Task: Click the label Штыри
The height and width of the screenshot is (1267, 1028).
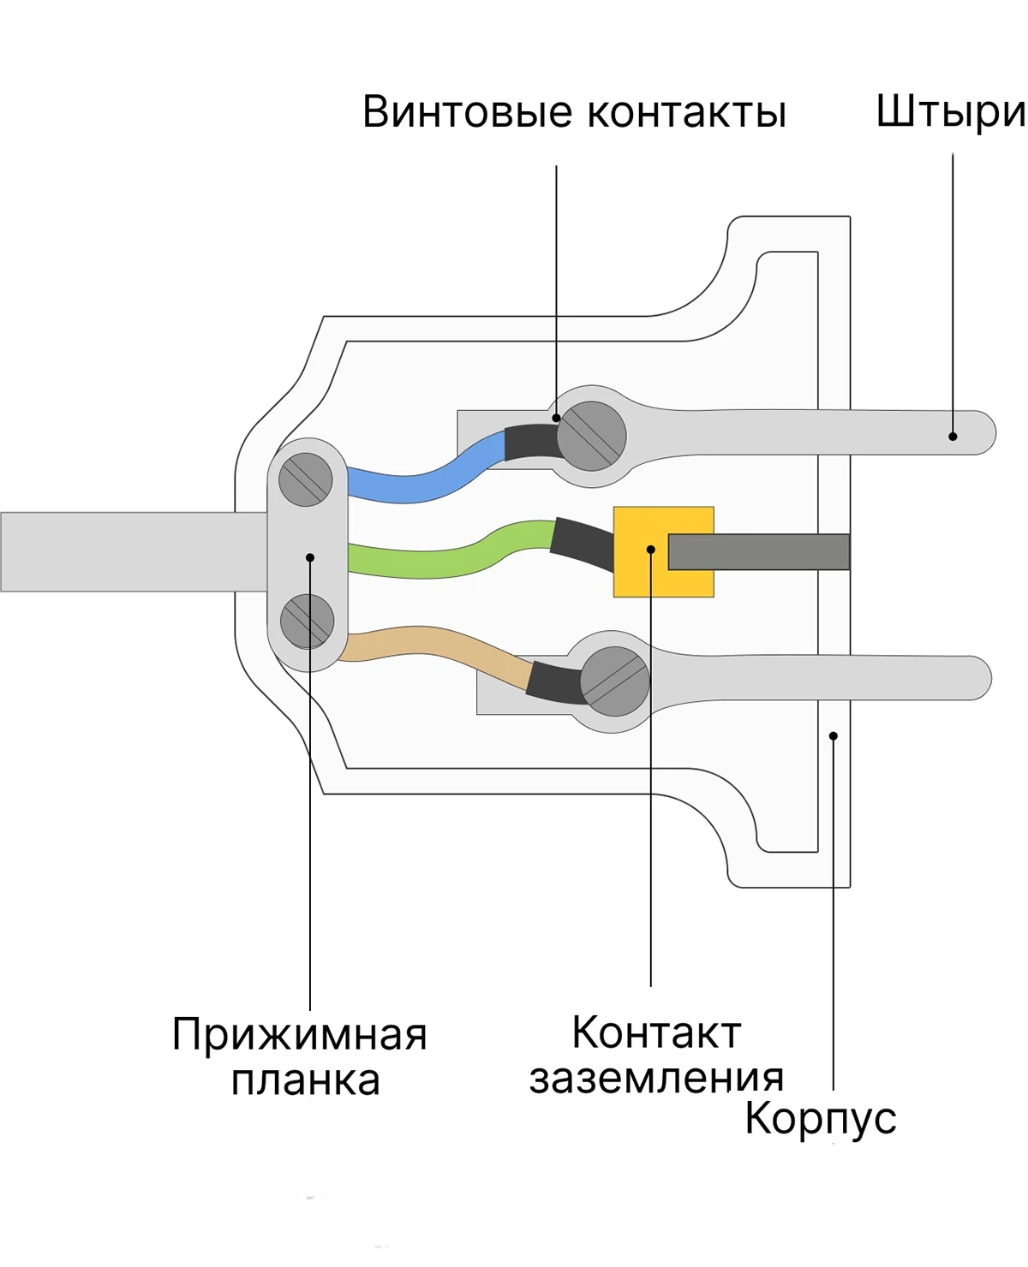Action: (951, 113)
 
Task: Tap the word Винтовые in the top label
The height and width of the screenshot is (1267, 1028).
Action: (467, 111)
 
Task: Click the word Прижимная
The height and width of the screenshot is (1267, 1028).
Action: (300, 1035)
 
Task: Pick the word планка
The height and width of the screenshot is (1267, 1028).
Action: (305, 1081)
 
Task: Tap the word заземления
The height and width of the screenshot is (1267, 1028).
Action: (656, 1079)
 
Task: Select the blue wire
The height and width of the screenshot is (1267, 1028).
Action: (427, 472)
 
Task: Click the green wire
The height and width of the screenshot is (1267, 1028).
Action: (450, 550)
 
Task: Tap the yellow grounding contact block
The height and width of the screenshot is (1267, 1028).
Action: (663, 551)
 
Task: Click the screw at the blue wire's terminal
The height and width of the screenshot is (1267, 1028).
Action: (591, 436)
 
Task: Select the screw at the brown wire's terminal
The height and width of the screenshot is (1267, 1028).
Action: (614, 681)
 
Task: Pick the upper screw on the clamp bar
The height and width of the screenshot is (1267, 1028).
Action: (305, 479)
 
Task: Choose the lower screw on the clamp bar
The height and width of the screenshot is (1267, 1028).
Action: (307, 621)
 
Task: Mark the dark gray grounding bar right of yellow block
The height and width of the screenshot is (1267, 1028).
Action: (758, 551)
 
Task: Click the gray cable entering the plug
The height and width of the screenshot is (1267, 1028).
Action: (134, 551)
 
